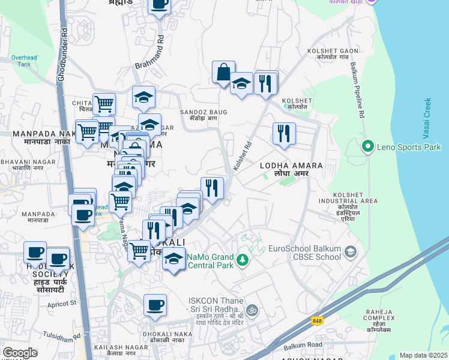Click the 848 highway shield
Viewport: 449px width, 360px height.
[316, 321]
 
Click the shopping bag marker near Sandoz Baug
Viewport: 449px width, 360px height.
[223, 73]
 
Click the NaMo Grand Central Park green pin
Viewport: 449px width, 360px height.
[242, 260]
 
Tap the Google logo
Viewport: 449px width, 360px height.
[20, 353]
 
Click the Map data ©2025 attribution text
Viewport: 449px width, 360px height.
[423, 355]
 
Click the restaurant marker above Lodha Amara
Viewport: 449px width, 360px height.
[284, 134]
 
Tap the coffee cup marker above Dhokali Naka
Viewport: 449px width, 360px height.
[155, 305]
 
